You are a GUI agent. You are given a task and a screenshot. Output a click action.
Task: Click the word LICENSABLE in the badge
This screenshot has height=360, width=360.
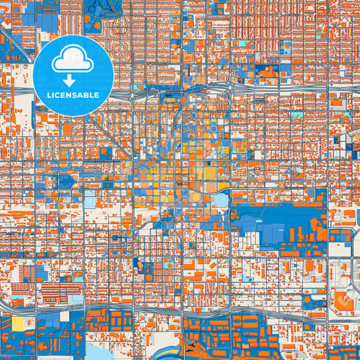pos(73,95)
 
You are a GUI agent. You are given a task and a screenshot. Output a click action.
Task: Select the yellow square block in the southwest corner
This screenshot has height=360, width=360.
pos(18,324)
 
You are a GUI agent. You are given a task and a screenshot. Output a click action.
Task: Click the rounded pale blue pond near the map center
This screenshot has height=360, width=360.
pos(220,200)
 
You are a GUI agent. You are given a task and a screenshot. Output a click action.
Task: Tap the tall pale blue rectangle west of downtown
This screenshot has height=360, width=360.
pos(90,200)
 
